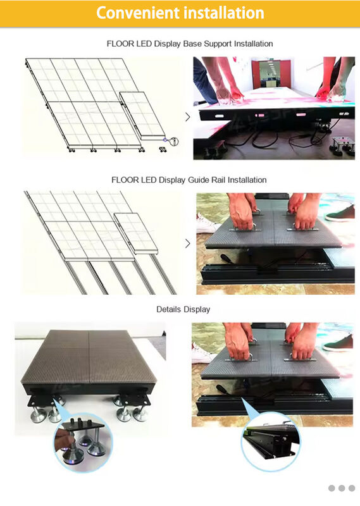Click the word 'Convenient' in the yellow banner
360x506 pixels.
point(138,13)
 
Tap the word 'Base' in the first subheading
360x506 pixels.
point(192,44)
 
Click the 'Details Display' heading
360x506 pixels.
point(183,309)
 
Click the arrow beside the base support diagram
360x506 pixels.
point(187,117)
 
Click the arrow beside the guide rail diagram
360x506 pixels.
point(187,244)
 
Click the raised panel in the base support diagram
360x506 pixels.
point(142,115)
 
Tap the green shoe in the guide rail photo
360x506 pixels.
point(340,214)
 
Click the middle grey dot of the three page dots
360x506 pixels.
point(342,488)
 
